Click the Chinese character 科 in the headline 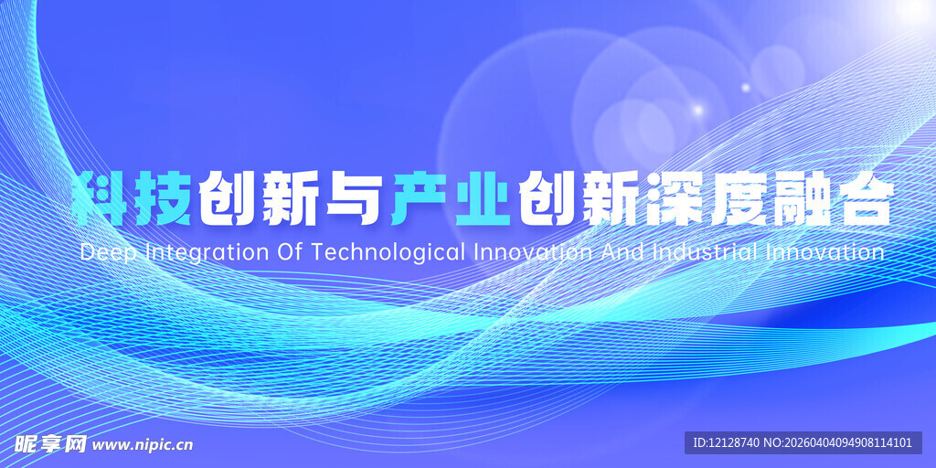point(101,198)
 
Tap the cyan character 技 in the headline point(164,198)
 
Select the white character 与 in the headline point(351,198)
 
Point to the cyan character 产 point(416,198)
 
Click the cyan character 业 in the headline point(479,198)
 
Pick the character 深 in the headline point(672,198)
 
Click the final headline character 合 point(860,198)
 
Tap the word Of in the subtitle point(290,251)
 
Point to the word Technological point(389,253)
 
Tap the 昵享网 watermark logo point(50,444)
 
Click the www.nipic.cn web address point(144,445)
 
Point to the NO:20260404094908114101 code point(838,443)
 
